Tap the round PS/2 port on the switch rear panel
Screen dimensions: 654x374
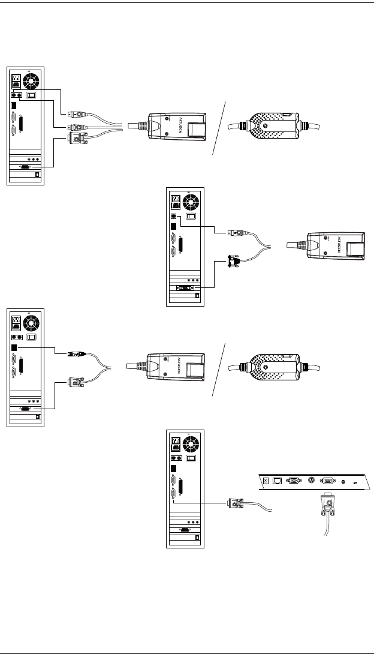tap(310, 480)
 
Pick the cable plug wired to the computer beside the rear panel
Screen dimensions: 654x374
tap(235, 502)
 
